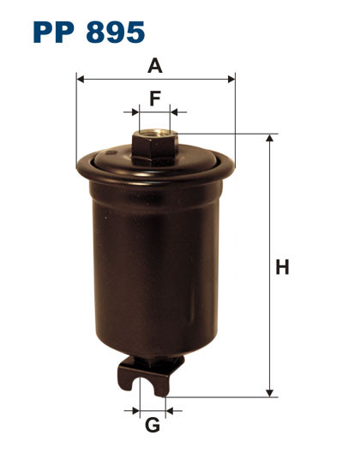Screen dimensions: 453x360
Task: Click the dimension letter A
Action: pos(155,65)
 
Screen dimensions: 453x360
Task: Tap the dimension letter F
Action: pos(154,98)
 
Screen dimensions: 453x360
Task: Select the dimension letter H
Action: pos(281,267)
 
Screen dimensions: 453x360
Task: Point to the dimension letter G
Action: pos(153,425)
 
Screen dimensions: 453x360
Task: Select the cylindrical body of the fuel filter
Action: pos(154,257)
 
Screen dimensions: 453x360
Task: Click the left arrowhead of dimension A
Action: pos(81,80)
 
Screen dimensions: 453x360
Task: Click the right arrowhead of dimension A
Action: pos(231,80)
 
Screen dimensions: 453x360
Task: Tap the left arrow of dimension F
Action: pos(134,112)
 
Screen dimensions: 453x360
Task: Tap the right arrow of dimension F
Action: pos(175,112)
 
